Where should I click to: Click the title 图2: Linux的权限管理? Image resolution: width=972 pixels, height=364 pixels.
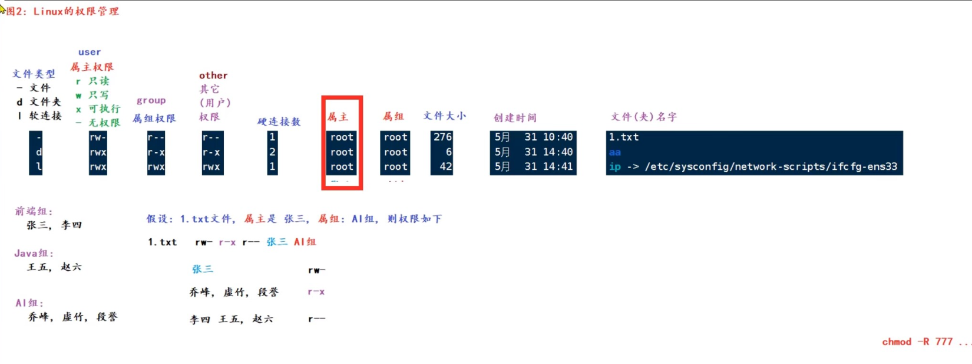tap(62, 11)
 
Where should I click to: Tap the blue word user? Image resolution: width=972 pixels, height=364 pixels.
tap(90, 52)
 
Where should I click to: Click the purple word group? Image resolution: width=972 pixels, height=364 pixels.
tap(151, 100)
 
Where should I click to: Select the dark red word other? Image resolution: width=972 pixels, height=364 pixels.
tap(213, 76)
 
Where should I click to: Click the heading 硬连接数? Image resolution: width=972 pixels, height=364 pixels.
tap(279, 122)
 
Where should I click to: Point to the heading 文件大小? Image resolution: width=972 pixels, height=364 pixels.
tap(444, 116)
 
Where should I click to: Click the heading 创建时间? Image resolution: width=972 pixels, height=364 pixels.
tap(515, 117)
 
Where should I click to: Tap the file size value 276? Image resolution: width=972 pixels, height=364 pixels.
tap(442, 137)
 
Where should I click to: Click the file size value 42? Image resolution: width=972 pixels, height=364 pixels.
tap(446, 166)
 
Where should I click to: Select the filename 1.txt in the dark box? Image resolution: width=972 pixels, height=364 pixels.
tap(624, 137)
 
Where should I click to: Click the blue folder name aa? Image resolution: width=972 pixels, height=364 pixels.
tap(614, 152)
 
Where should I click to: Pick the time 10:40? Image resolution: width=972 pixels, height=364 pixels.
tap(557, 137)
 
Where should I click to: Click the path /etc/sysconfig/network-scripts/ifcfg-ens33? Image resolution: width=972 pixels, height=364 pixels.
tap(771, 166)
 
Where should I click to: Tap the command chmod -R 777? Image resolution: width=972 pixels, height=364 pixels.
tap(917, 342)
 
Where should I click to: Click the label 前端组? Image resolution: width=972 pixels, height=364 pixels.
tap(34, 211)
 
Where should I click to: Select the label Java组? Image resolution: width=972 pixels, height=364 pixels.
tap(34, 253)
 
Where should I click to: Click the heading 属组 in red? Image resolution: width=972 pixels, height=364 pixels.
tap(394, 116)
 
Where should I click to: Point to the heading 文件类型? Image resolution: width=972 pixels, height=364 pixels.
tap(34, 74)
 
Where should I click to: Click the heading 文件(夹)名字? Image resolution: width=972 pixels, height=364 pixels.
tap(644, 117)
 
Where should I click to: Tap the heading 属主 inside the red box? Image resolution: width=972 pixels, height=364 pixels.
tap(338, 117)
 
